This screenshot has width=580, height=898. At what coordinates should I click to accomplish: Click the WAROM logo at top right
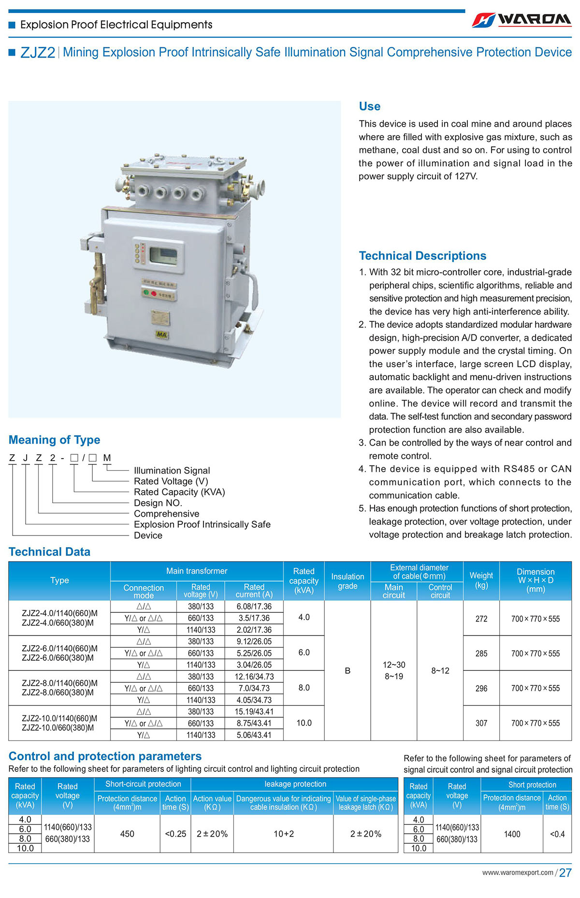click(522, 19)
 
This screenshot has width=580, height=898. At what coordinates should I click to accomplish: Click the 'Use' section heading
click(369, 106)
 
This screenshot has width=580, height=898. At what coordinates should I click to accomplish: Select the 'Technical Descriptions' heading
click(422, 256)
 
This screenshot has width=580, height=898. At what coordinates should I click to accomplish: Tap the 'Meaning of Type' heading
click(54, 440)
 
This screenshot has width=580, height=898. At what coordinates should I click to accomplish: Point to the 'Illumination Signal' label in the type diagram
click(172, 470)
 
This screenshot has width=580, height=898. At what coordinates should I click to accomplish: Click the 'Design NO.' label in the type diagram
click(158, 503)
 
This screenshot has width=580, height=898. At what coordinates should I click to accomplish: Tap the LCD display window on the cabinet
click(163, 255)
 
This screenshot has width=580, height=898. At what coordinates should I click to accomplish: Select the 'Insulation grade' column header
click(347, 581)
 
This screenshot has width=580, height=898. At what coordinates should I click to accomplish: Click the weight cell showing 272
click(481, 619)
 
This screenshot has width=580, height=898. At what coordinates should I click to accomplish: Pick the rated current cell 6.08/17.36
click(254, 607)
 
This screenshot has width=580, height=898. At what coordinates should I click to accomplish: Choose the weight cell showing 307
click(481, 723)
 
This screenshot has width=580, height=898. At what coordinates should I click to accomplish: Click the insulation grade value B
click(347, 670)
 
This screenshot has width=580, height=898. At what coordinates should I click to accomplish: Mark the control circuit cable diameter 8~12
click(440, 670)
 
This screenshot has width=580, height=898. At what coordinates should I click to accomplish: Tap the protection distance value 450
click(127, 834)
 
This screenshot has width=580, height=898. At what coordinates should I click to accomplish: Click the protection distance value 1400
click(512, 834)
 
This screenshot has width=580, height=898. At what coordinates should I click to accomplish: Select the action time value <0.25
click(175, 834)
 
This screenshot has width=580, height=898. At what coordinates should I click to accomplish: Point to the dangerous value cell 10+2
click(283, 834)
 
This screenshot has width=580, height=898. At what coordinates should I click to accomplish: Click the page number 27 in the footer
click(565, 873)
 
